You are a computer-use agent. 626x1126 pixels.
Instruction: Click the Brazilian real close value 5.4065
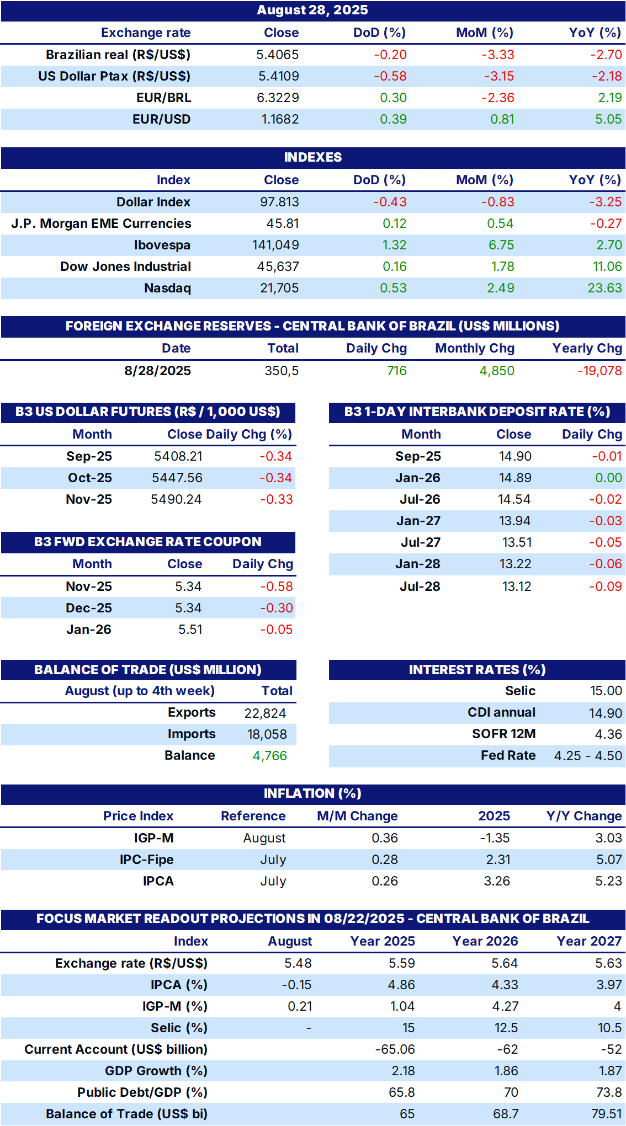point(278,55)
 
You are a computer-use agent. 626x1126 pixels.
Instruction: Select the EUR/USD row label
point(161,119)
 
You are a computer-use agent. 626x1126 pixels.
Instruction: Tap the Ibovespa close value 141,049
point(275,245)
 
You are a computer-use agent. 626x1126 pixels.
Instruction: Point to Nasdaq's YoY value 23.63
point(604,288)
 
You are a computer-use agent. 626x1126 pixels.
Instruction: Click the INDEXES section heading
point(313,157)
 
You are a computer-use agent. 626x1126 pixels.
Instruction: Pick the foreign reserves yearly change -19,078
point(600,371)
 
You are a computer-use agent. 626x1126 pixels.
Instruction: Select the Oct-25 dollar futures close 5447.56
point(177,478)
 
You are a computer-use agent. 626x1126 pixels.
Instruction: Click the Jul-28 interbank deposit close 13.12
point(517,586)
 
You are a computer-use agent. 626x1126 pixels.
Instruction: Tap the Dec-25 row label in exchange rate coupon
point(89,608)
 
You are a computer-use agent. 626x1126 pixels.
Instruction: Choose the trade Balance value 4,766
point(270,756)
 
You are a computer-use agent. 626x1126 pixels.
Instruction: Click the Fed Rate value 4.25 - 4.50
point(588,756)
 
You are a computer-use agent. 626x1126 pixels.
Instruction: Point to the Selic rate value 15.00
point(606,691)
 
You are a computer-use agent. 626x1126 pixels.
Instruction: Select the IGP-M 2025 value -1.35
point(495,838)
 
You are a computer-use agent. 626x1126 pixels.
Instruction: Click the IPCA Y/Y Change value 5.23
point(608,881)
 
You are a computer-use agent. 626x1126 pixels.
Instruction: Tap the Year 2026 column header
point(485,941)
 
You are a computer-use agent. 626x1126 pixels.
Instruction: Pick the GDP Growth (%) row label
point(156,1071)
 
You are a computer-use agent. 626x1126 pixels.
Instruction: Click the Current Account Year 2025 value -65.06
point(395,1049)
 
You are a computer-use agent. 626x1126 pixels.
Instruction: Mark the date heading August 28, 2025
point(312,10)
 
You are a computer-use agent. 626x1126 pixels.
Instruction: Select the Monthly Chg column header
point(475,348)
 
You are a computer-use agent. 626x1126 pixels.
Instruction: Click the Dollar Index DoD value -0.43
point(390,202)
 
